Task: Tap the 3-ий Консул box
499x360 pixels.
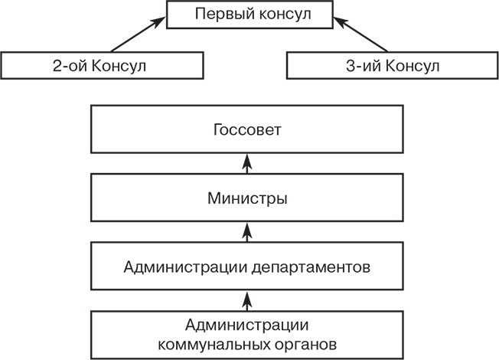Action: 392,65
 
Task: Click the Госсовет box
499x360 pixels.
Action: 247,129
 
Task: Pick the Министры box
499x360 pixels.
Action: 247,199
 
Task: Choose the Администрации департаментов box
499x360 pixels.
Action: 247,267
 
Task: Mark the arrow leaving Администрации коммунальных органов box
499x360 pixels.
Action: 247,299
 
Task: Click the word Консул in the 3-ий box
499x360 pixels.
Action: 413,65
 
